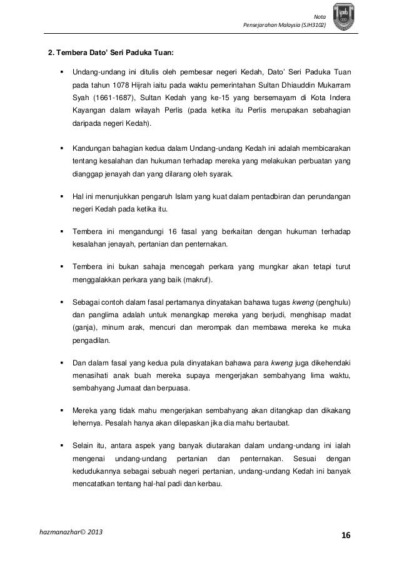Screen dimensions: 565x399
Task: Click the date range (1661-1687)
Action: [x=108, y=98]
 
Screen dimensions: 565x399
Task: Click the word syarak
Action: [x=218, y=173]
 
